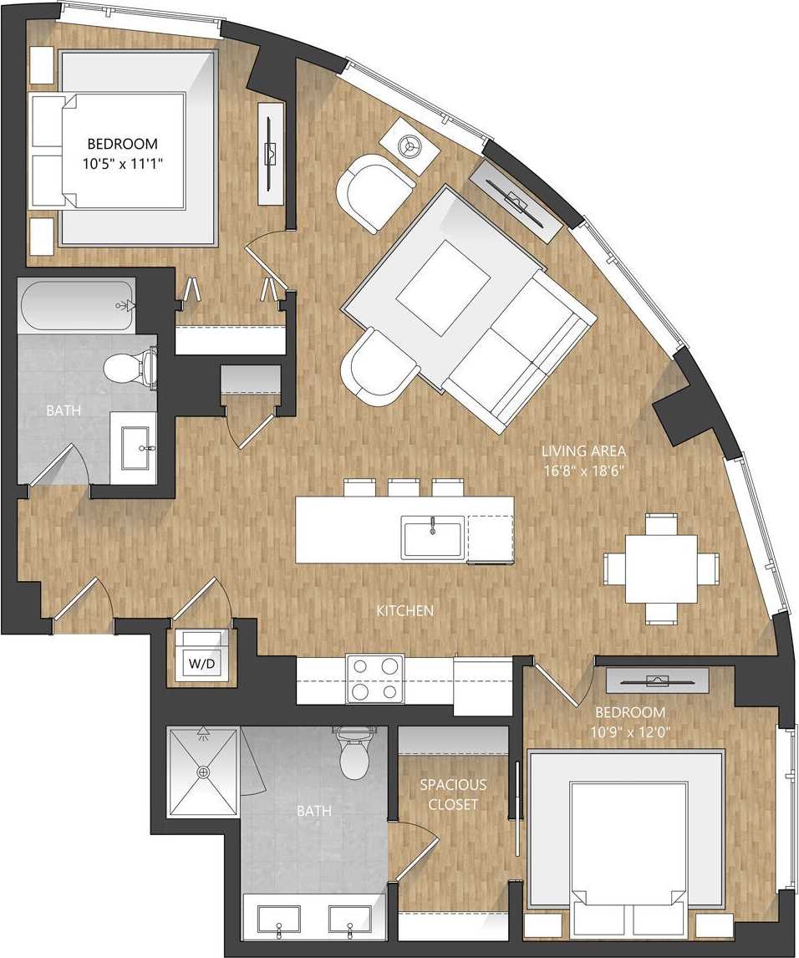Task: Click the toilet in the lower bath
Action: pos(354,754)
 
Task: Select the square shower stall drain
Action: pos(203,772)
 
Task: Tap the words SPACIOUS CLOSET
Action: pos(452,794)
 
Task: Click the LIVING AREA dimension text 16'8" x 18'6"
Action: pos(583,471)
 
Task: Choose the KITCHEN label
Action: pos(405,611)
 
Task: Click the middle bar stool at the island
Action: pos(404,487)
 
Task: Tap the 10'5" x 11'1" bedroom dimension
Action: pos(124,164)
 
